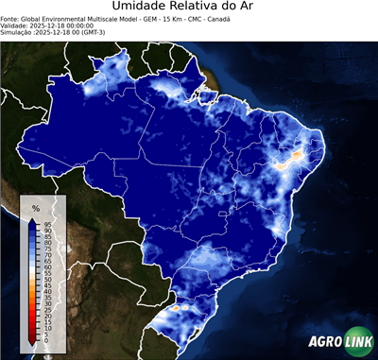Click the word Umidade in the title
142,7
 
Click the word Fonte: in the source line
12,18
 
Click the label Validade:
16,26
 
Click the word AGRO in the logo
324,342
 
